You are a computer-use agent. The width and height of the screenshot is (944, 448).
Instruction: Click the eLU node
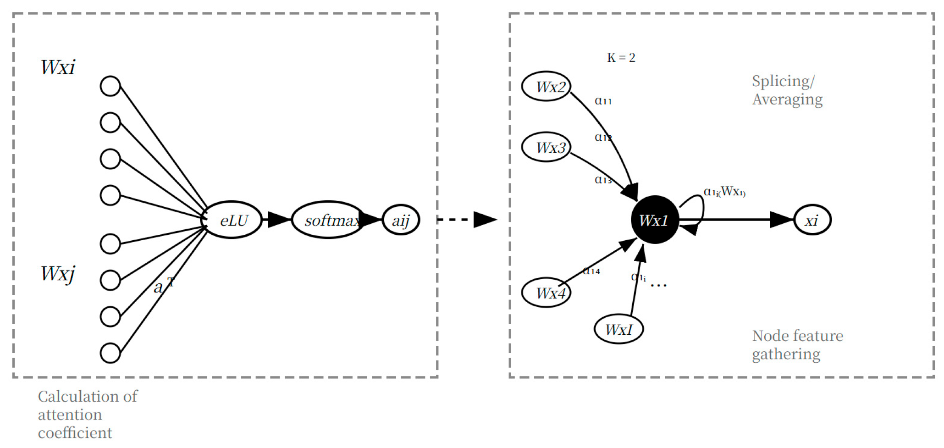232,220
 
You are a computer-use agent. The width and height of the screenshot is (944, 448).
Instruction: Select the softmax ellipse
329,220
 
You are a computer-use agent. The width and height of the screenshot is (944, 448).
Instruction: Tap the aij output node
401,220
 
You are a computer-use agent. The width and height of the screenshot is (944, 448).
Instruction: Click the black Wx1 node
654,220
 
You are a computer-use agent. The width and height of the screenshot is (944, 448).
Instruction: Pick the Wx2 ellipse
546,86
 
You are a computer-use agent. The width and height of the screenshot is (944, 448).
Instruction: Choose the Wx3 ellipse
546,147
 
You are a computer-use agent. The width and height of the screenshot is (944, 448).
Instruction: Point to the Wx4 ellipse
546,293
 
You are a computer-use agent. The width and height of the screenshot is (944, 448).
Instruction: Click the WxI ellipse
618,329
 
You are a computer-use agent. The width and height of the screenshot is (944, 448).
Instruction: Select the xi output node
812,220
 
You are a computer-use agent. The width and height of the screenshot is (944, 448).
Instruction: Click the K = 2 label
621,58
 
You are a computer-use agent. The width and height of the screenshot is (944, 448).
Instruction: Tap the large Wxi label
58,67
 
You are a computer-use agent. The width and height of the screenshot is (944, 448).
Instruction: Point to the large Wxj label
58,274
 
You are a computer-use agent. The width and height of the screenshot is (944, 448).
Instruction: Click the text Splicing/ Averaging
787,90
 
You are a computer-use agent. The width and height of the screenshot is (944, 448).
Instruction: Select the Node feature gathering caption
797,345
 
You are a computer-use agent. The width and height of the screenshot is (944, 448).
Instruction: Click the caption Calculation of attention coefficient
87,415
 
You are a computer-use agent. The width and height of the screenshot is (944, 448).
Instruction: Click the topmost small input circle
110,86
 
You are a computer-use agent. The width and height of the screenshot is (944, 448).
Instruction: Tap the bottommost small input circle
110,353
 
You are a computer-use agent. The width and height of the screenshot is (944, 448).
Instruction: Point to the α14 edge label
591,271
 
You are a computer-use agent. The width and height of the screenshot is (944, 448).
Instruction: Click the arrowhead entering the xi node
781,220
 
